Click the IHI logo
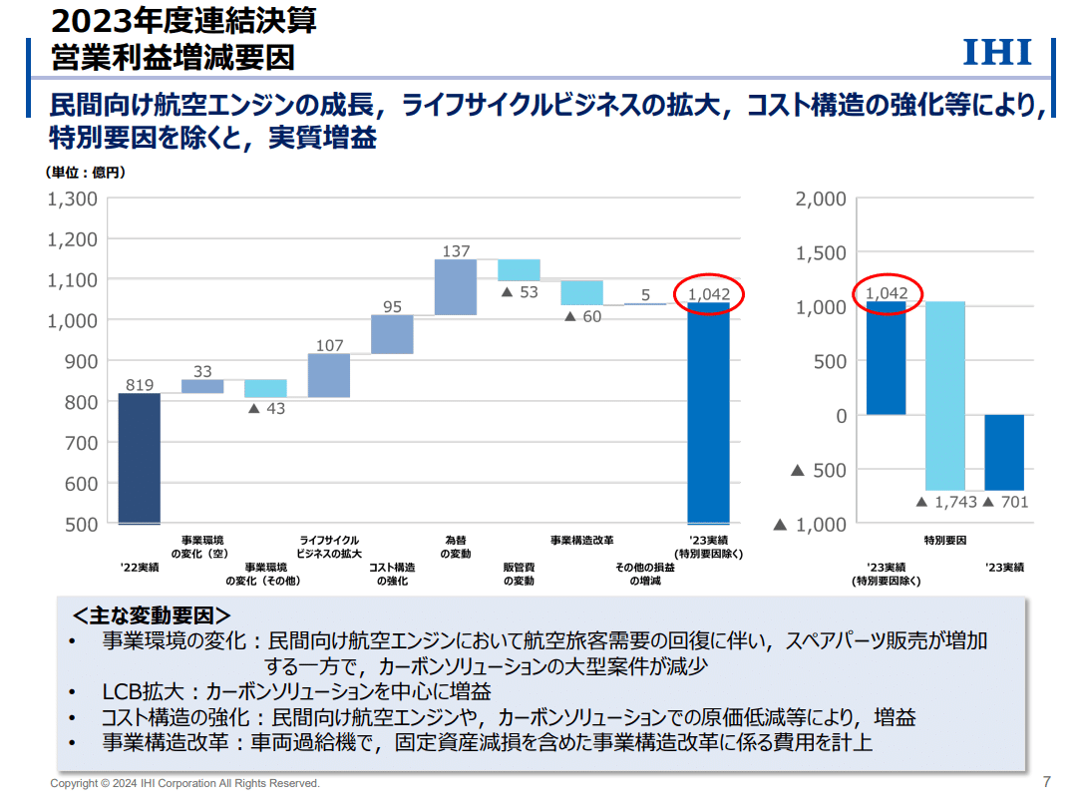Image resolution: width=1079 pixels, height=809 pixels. [x=996, y=53]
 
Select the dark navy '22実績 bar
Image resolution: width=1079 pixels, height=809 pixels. [x=140, y=458]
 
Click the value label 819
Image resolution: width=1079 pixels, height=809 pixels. [x=140, y=384]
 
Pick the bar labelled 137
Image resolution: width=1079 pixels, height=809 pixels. [x=456, y=287]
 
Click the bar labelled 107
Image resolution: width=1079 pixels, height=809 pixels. [x=329, y=375]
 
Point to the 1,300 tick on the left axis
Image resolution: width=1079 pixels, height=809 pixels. [x=74, y=199]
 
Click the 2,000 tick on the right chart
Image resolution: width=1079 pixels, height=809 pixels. [x=821, y=200]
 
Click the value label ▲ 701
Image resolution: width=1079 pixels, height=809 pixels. [x=1005, y=502]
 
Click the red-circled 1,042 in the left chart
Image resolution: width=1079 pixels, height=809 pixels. [x=709, y=294]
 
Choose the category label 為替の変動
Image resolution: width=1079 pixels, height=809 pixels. [x=456, y=547]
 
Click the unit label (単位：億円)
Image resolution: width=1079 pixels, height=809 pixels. [x=86, y=172]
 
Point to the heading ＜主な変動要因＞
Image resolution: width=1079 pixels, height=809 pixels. [x=152, y=615]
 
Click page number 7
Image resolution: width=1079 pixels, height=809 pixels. [x=1046, y=781]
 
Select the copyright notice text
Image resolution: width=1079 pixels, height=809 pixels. [x=185, y=783]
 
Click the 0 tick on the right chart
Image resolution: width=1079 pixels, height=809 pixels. [x=840, y=415]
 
